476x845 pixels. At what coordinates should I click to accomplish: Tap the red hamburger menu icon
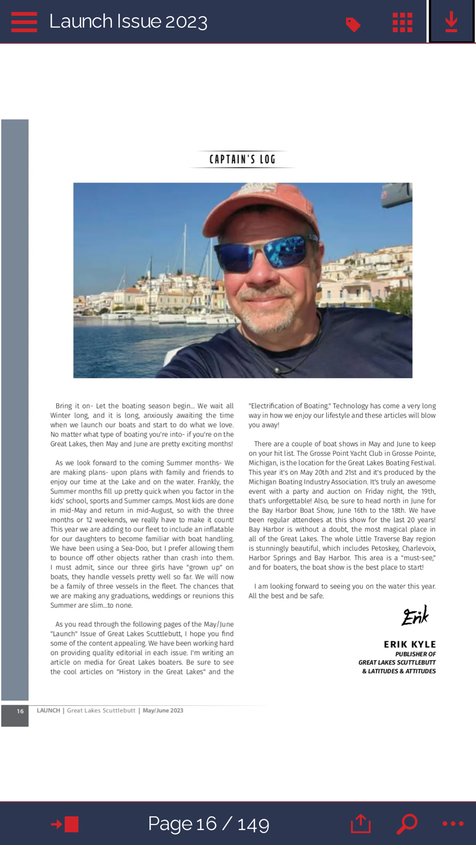[x=24, y=22]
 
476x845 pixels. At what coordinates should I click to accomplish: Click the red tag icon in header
[x=353, y=24]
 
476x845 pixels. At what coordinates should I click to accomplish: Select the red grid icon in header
[x=402, y=22]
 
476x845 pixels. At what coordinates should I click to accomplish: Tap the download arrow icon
[x=451, y=22]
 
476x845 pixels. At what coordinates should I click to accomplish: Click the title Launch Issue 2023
[x=128, y=21]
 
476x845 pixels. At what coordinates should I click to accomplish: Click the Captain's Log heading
[x=242, y=159]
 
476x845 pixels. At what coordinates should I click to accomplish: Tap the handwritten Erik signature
[x=415, y=616]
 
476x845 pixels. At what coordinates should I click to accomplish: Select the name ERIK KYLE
[x=410, y=644]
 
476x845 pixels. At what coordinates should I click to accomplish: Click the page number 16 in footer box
[x=20, y=711]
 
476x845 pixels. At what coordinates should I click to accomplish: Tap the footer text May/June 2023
[x=163, y=711]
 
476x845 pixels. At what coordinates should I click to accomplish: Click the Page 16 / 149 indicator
[x=208, y=824]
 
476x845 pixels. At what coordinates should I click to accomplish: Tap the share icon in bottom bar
[x=361, y=824]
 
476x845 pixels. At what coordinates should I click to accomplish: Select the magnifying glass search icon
[x=407, y=824]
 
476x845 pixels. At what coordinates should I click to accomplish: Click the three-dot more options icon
[x=453, y=824]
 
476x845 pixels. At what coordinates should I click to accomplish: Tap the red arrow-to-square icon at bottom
[x=65, y=824]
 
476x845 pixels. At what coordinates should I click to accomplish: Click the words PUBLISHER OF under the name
[x=415, y=654]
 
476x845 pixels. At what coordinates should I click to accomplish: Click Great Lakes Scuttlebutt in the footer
[x=101, y=711]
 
